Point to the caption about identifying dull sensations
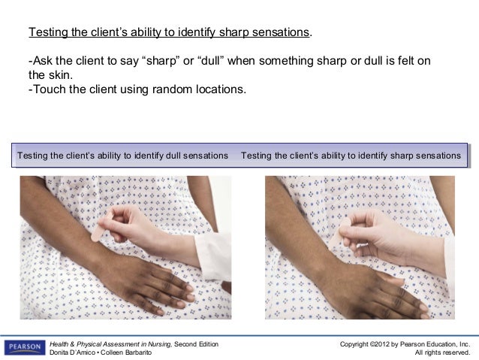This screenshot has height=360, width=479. tap(122, 156)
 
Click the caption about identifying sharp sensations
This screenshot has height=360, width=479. tap(351, 156)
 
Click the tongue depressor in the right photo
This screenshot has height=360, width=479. tap(347, 228)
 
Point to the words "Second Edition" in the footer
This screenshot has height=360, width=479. tap(196, 343)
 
